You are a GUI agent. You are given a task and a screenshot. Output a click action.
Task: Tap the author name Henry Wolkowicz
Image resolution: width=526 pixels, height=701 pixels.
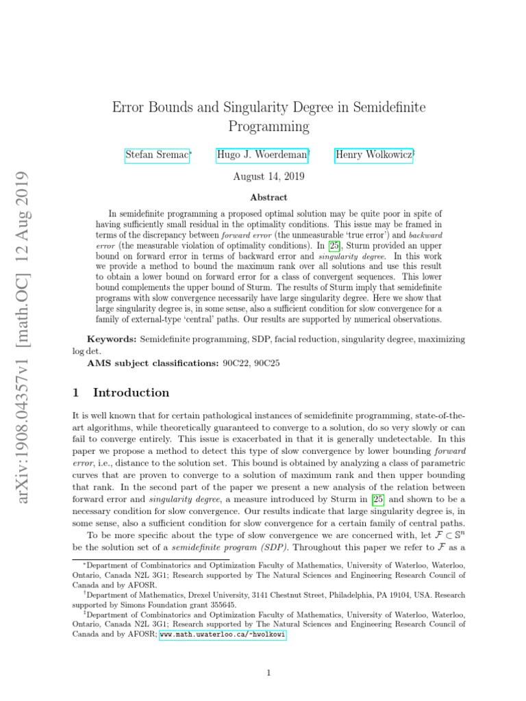tap(373, 155)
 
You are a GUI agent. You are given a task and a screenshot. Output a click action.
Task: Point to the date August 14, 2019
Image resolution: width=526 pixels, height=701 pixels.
tap(269, 176)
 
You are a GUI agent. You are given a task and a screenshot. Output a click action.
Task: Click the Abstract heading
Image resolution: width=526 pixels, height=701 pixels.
tap(268, 197)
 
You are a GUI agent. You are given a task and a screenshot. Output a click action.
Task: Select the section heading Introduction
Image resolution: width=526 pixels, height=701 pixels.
tap(131, 393)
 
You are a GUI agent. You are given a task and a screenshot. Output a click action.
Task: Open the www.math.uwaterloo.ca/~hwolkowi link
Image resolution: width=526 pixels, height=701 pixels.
tap(223, 635)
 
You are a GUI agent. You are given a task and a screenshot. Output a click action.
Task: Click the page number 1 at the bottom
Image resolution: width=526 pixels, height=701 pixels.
tap(269, 673)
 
